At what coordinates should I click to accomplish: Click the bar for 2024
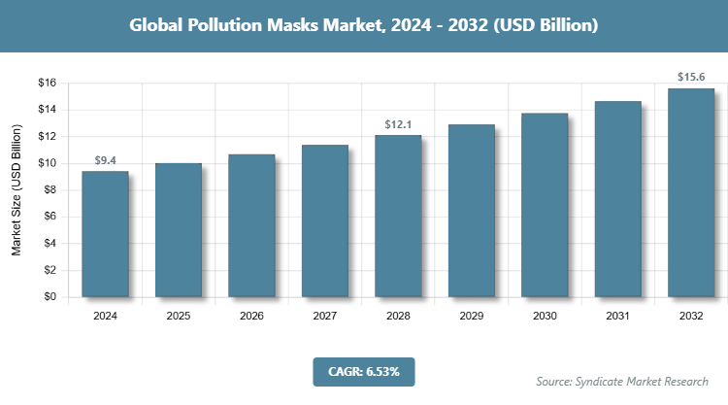(105, 234)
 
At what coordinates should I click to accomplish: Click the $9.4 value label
(105, 159)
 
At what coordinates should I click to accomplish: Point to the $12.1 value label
(398, 123)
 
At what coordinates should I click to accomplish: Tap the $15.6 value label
(691, 76)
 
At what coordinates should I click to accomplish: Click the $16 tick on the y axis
(47, 83)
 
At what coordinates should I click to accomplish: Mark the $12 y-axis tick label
(47, 136)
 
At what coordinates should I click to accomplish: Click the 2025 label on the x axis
(179, 316)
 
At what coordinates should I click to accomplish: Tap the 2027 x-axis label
(325, 316)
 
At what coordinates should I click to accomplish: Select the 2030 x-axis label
(545, 316)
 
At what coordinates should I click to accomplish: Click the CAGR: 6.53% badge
(363, 370)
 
